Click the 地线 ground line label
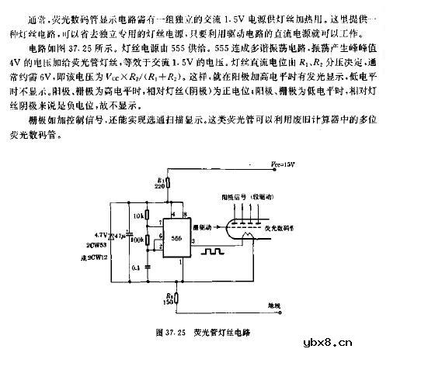point(277,306)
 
